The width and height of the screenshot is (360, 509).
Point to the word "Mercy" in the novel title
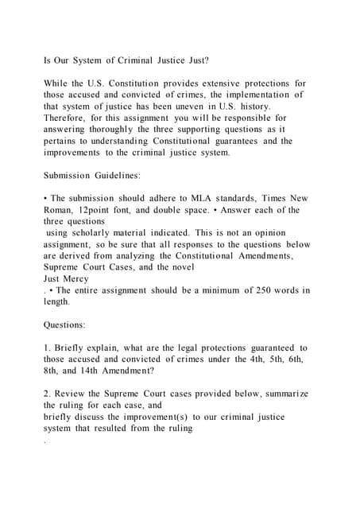tap(83, 279)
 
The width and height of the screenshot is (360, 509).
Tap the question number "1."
tap(48, 348)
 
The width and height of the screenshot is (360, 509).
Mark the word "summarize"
tap(281, 394)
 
